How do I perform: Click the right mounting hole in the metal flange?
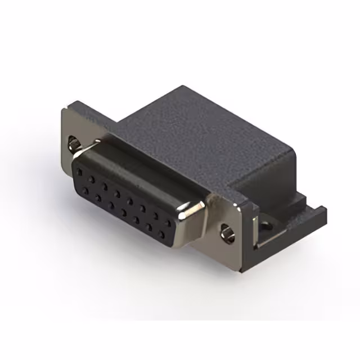(x=228, y=231)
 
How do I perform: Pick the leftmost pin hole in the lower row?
(x=86, y=191)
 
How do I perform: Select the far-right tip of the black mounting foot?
(x=325, y=211)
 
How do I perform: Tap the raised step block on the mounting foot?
(x=298, y=200)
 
